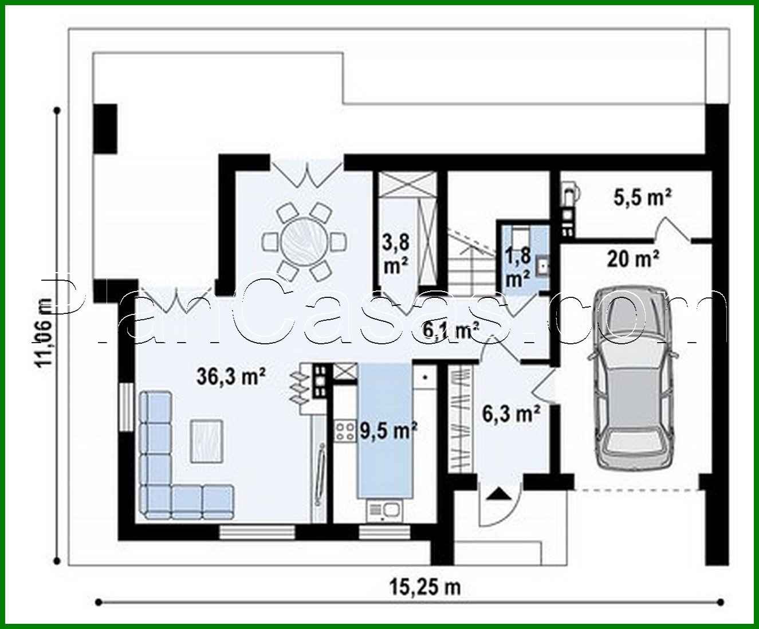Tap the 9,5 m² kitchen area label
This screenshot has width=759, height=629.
(x=388, y=430)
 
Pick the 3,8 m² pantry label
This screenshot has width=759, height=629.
(x=396, y=252)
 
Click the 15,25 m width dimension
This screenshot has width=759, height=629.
(x=425, y=587)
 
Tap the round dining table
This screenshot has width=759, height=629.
(x=304, y=240)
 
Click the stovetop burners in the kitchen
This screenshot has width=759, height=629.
(x=345, y=431)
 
